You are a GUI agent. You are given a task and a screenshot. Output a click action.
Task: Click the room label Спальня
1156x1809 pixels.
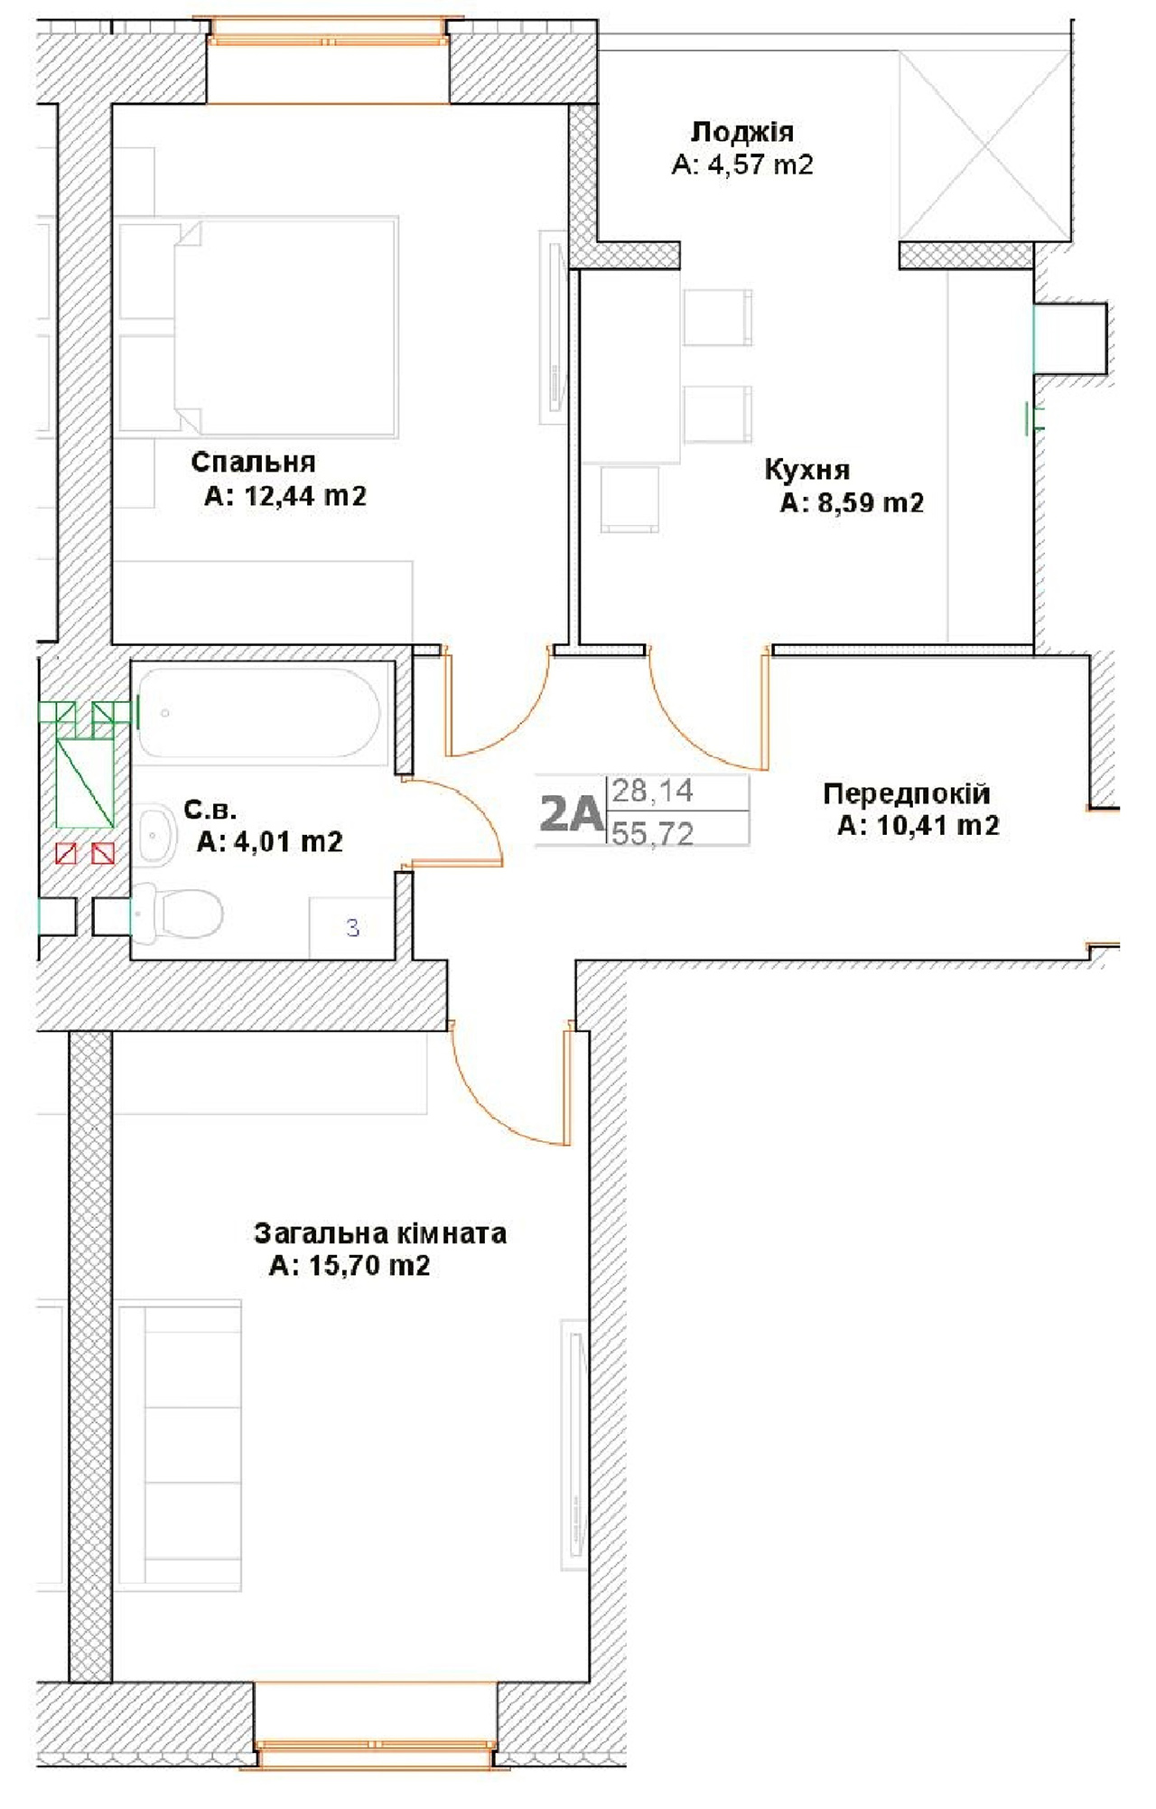(254, 462)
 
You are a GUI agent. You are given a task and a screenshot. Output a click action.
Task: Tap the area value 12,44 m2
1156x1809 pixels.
(305, 496)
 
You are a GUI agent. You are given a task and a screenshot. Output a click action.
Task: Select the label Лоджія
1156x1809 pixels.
(742, 132)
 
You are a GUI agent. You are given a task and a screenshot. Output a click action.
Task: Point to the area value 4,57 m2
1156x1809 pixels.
(761, 164)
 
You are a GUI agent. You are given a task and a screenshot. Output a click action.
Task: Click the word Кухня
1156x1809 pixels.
(807, 470)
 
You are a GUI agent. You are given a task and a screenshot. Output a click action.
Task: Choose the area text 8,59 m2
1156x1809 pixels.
(871, 502)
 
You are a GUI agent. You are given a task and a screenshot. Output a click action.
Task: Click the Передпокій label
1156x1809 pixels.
(907, 793)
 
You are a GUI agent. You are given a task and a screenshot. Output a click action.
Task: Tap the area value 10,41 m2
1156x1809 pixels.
(938, 826)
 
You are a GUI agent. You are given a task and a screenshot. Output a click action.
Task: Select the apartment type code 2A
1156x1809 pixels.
(571, 814)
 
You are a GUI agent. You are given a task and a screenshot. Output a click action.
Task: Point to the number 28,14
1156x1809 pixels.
(653, 792)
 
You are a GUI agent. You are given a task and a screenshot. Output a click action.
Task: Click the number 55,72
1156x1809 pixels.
(653, 833)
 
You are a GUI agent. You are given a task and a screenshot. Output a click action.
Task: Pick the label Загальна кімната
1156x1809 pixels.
(380, 1233)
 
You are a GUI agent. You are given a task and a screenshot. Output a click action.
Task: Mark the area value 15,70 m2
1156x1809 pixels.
(369, 1266)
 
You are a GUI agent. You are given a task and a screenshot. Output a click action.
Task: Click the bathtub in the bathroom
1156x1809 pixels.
(259, 713)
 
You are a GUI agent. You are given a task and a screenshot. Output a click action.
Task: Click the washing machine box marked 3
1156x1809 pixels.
(352, 927)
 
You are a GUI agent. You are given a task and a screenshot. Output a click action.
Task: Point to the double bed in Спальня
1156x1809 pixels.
(286, 327)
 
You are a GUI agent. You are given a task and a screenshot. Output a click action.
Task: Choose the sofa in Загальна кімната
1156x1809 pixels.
(180, 1446)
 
